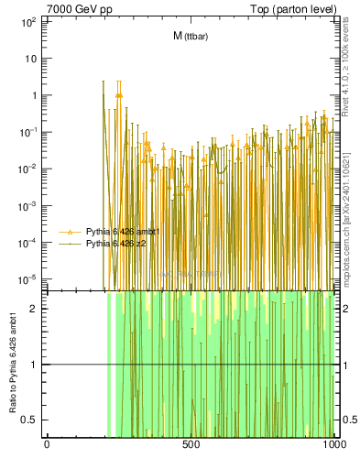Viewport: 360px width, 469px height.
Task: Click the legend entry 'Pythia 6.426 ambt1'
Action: [123, 232]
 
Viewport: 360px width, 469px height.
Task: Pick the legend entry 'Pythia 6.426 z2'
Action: [116, 245]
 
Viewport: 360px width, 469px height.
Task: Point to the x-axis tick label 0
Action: [47, 445]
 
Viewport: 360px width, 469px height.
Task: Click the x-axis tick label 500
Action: [191, 445]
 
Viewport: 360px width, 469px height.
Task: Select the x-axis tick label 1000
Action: [334, 445]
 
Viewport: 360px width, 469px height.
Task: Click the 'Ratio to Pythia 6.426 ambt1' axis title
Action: [13, 364]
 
